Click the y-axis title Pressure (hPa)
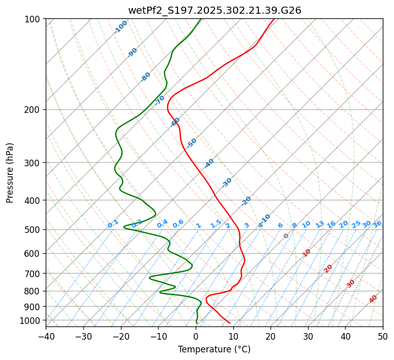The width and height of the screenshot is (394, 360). point(10,173)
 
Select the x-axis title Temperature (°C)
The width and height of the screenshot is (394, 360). point(214,349)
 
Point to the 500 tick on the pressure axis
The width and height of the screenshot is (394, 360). point(34,230)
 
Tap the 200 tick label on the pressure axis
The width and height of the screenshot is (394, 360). point(34,110)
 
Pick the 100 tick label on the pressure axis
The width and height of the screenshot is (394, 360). point(34,19)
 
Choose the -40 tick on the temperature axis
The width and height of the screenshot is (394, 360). point(46,336)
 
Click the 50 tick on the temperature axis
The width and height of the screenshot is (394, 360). point(383,336)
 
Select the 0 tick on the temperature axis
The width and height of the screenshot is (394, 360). point(196,336)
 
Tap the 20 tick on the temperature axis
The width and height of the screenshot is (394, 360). point(270,336)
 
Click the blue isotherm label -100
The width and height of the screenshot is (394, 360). point(121,27)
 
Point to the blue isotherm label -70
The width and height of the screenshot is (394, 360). point(160,100)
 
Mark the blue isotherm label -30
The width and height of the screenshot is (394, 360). point(227,183)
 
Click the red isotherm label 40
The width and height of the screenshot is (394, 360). point(373,299)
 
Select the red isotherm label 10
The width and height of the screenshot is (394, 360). point(307,253)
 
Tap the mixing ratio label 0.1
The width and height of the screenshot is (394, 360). point(113,224)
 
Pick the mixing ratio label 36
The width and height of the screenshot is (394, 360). point(377,224)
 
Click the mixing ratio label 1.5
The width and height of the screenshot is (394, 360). point(216,224)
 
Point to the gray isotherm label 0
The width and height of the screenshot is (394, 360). point(286,236)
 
